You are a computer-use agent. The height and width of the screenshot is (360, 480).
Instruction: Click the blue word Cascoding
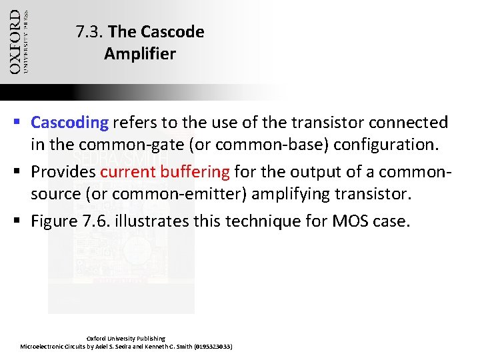coord(69,123)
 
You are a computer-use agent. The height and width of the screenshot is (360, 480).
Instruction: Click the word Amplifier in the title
coord(139,53)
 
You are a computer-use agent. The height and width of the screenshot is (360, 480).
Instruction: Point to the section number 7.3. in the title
coord(89,31)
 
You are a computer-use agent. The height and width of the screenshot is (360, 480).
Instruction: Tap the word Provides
coord(63,172)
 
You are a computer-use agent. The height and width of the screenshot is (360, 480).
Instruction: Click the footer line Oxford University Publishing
coord(126,339)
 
